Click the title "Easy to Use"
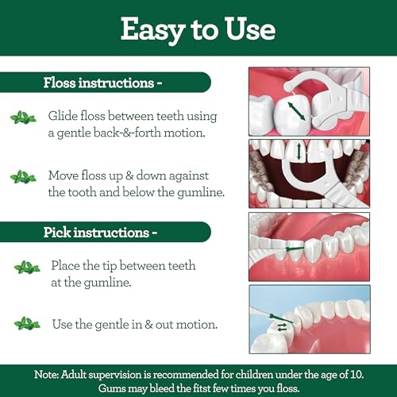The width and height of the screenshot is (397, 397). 198,29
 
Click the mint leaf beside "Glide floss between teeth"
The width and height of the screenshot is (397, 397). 23,118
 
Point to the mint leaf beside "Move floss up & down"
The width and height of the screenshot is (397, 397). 23,176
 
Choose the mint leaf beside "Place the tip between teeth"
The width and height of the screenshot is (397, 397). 26,268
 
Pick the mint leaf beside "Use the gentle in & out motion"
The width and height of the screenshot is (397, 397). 26,323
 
